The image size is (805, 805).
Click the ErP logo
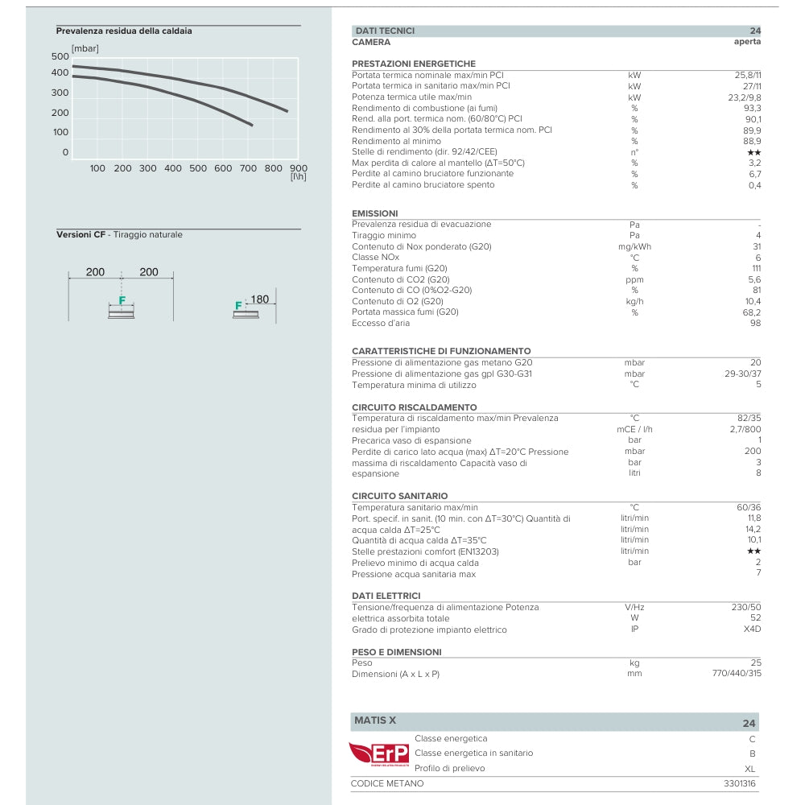tap(379, 754)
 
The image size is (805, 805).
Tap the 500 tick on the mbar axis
tap(60, 56)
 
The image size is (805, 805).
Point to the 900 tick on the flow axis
tap(298, 168)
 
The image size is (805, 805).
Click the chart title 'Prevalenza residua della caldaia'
tap(124, 31)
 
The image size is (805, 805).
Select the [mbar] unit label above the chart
tap(85, 48)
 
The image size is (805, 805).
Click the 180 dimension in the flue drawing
tap(259, 299)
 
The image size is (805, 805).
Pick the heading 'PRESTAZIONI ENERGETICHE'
tap(414, 64)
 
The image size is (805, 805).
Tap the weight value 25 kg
tap(755, 663)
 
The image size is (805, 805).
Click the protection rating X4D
tap(752, 630)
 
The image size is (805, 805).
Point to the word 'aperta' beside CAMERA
tap(747, 42)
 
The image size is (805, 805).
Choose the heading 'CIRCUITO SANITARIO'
tap(400, 496)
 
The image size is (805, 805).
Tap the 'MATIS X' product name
tap(375, 720)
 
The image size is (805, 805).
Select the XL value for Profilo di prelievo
tap(750, 769)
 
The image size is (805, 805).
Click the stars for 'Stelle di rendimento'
tap(753, 152)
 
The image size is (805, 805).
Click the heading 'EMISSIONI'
tap(375, 213)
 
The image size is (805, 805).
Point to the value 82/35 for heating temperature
tap(748, 418)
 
